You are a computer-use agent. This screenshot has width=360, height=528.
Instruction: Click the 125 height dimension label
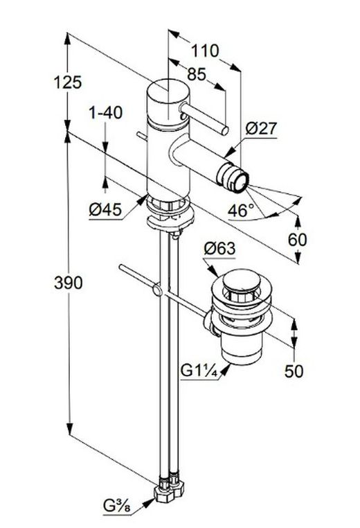[68, 82]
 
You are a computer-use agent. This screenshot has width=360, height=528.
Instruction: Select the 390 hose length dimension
[69, 283]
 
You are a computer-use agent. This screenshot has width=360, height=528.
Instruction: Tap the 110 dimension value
[205, 51]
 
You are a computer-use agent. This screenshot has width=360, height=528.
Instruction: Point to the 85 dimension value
[197, 74]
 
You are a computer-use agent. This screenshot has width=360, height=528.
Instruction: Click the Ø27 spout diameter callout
[261, 128]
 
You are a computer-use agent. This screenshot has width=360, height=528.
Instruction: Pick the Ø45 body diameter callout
[105, 210]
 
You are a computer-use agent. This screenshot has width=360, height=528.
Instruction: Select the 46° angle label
[240, 211]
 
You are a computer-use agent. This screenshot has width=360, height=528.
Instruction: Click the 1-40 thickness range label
[106, 113]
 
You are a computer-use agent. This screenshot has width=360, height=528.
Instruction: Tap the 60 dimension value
[298, 240]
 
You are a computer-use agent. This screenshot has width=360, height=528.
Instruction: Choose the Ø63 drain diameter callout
[219, 249]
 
